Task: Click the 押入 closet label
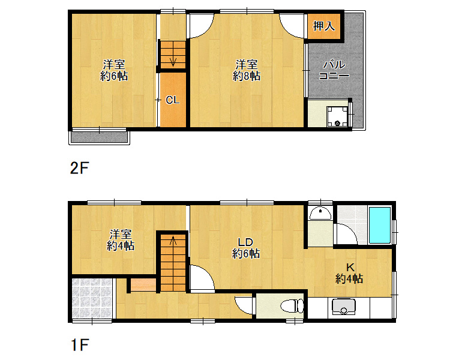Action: pos(324,26)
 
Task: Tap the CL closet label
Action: pos(173,100)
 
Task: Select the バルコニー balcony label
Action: pos(334,70)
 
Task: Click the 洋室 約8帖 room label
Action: pos(247,70)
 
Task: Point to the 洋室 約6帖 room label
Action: pos(114,70)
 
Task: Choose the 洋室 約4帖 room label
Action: pos(121,240)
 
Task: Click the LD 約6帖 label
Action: pos(245,248)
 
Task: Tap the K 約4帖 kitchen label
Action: pos(349,273)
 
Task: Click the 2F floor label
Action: pos(79,168)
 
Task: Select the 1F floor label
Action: pos(80,345)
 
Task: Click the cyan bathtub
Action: pos(380,225)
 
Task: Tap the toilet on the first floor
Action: pos(292,306)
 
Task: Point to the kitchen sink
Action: pos(344,307)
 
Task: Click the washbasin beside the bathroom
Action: pos(320,213)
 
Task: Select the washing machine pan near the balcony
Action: pos(337,116)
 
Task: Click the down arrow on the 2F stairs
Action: pos(173,61)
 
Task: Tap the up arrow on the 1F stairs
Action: pos(173,241)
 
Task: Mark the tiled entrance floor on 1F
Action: pos(92,298)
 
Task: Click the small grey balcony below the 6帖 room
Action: pos(100,137)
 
